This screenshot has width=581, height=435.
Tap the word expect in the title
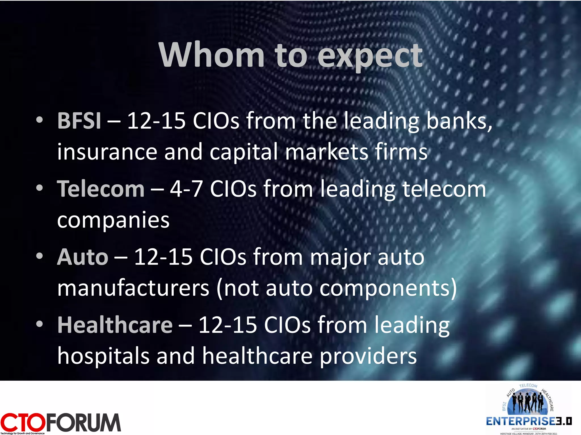pos(370,56)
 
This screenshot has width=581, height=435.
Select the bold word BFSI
pos(79,121)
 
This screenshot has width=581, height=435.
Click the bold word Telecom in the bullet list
pos(101,189)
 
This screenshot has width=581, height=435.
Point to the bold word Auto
pos(83,257)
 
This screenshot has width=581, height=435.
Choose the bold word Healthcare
pos(115,325)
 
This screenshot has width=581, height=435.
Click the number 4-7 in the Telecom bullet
pos(186,189)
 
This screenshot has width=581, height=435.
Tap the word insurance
pos(107,152)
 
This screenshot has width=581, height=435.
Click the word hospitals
pos(103,356)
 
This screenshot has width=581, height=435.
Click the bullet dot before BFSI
pos(39,120)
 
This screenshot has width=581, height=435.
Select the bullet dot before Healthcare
pos(39,324)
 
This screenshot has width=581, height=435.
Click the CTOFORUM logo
pos(60,423)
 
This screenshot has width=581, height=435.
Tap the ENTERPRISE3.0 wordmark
pos(529,421)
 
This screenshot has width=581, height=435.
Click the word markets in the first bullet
pos(326,152)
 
